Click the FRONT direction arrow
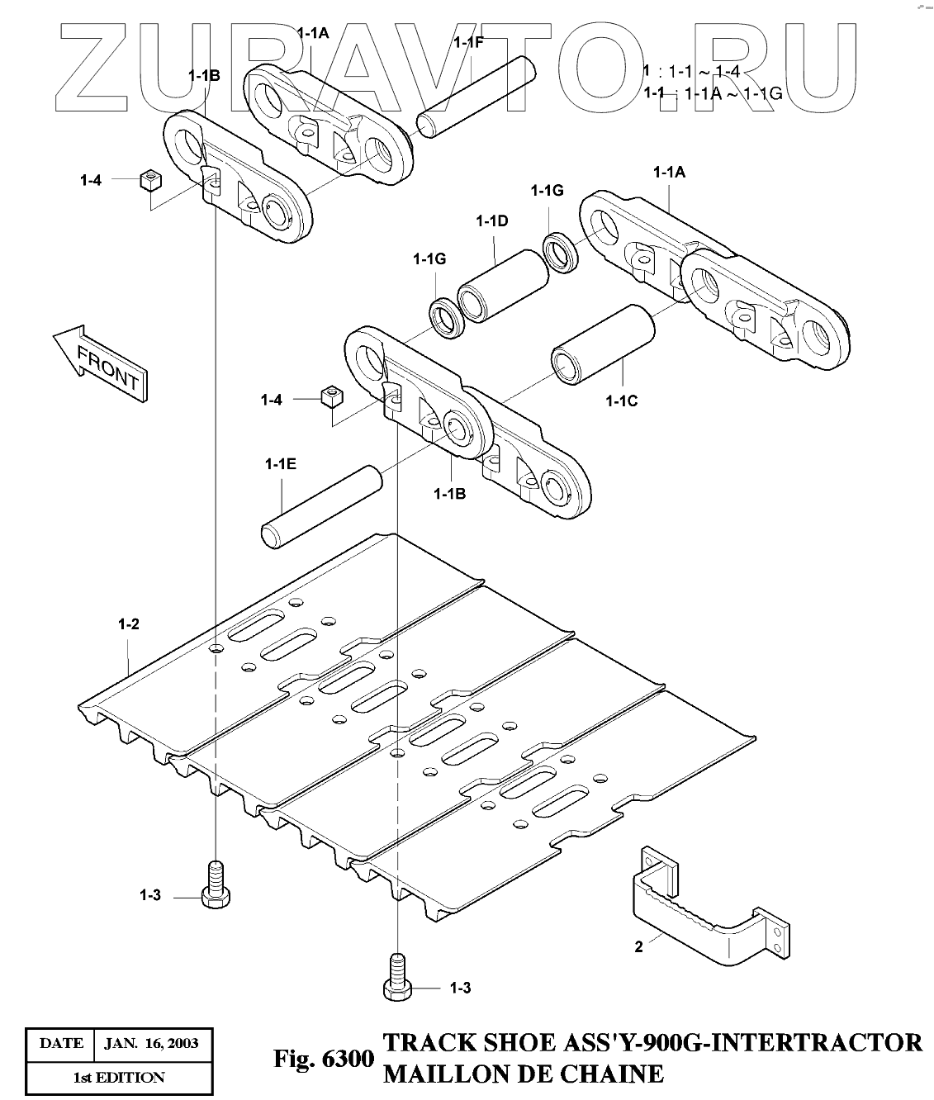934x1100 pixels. (101, 363)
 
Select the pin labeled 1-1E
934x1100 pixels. (322, 508)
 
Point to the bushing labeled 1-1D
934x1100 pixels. (503, 287)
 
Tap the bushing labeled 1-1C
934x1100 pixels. (603, 344)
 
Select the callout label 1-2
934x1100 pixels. (129, 623)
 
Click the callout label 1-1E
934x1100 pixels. (281, 464)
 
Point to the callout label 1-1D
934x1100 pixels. (491, 220)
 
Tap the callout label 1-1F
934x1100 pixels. (468, 42)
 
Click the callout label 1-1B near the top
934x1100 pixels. (204, 76)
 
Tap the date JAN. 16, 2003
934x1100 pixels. (151, 1044)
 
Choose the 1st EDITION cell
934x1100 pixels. (119, 1078)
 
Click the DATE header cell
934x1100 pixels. (61, 1044)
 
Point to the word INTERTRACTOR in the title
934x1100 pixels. (817, 1042)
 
